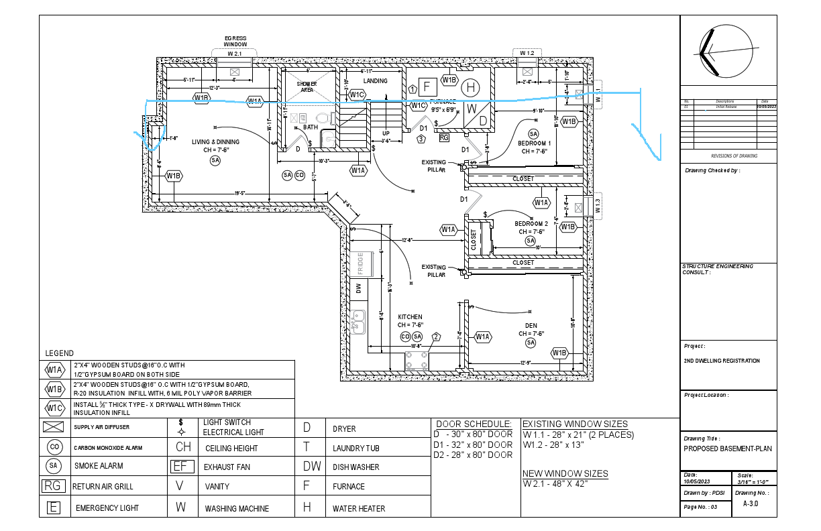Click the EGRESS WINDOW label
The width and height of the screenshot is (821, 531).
235,41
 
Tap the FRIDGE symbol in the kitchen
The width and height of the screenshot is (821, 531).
360,264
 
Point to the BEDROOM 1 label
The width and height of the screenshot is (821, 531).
534,143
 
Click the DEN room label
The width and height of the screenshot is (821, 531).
531,325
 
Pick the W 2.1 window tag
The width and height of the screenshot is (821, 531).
234,52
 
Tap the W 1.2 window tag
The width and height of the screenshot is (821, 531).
527,52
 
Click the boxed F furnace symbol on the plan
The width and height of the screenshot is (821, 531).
427,86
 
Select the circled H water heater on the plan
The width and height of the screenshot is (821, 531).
472,87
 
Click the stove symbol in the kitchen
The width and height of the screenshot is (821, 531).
416,361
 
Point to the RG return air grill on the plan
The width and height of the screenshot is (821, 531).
444,137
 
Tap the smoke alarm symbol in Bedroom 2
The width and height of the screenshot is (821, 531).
531,241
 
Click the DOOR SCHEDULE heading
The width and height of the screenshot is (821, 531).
474,424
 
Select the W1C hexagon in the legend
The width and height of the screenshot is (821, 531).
54,408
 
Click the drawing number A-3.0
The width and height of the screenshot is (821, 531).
751,504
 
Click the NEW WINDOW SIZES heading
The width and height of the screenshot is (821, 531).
565,473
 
